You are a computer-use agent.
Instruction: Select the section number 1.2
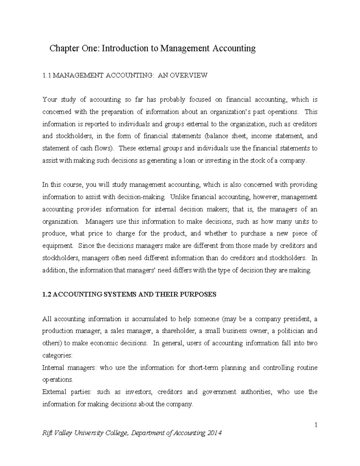47,294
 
